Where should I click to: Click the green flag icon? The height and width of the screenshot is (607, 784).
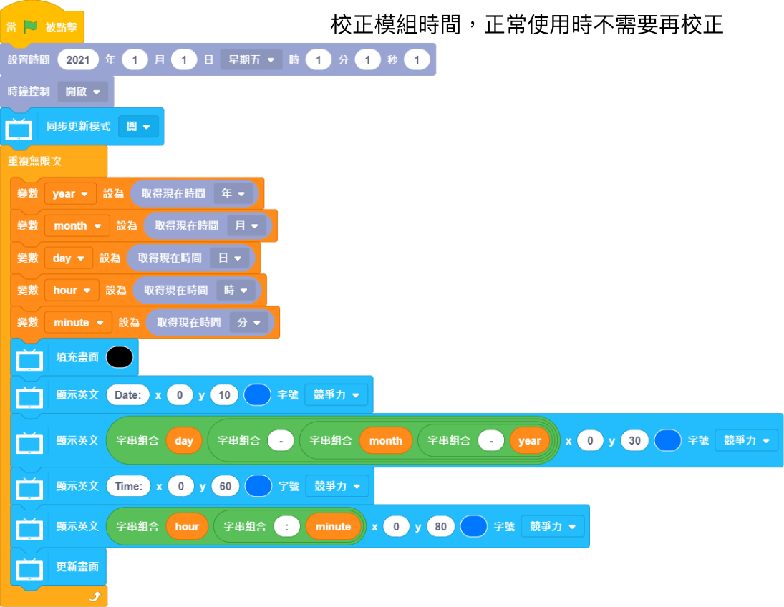30,27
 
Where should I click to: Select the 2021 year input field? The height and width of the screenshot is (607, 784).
78,59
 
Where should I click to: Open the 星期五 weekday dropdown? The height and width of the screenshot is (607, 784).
251,59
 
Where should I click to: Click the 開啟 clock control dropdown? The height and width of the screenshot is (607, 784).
82,92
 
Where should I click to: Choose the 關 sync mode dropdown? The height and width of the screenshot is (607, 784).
138,127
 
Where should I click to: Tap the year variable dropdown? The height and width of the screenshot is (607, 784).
69,193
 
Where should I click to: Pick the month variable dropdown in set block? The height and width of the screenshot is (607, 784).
77,225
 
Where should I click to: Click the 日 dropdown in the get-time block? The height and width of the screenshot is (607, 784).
230,258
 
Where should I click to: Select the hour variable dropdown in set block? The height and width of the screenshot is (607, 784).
71,290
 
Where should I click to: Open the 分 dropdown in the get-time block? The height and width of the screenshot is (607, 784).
248,322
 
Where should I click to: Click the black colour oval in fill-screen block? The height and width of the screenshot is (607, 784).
120,357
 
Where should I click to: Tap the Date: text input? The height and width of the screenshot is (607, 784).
127,394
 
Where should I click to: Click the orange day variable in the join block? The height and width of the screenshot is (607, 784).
184,440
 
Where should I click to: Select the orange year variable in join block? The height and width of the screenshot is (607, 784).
529,440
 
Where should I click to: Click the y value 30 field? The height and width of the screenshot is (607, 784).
634,440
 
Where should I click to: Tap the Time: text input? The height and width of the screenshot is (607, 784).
128,486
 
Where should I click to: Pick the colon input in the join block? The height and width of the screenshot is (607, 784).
286,526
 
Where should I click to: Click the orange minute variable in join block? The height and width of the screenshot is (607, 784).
333,526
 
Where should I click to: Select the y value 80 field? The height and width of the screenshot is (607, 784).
440,526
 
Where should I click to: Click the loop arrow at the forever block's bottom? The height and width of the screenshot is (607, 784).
95,596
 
